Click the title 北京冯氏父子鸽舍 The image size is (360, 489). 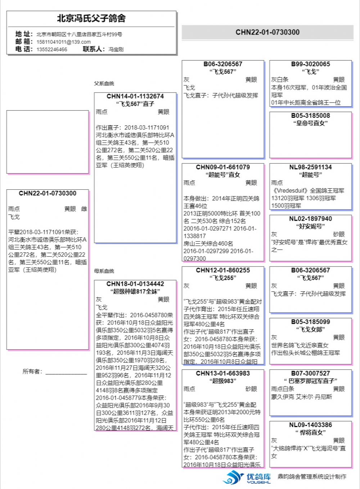(x=91, y=18)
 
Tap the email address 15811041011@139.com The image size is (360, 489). (x=63, y=42)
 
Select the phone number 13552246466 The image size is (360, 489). (x=52, y=49)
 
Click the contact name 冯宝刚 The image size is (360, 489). (x=116, y=49)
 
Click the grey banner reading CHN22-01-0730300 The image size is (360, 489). (x=267, y=32)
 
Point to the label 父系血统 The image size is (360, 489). (x=104, y=84)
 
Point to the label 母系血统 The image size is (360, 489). (x=104, y=271)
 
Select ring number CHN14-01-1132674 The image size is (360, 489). (x=135, y=96)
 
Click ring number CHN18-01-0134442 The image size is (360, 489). (x=135, y=284)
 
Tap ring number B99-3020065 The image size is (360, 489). (x=310, y=64)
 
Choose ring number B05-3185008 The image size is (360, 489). (x=310, y=116)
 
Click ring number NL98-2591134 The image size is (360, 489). (x=310, y=167)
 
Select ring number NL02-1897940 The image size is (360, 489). (x=310, y=219)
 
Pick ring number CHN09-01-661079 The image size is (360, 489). (x=223, y=167)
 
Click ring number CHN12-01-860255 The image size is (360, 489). (x=223, y=270)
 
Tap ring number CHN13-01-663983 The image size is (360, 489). (x=223, y=373)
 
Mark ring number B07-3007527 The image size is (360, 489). (x=310, y=373)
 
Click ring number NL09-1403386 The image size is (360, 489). (x=310, y=425)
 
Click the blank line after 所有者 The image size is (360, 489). (x=66, y=372)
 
